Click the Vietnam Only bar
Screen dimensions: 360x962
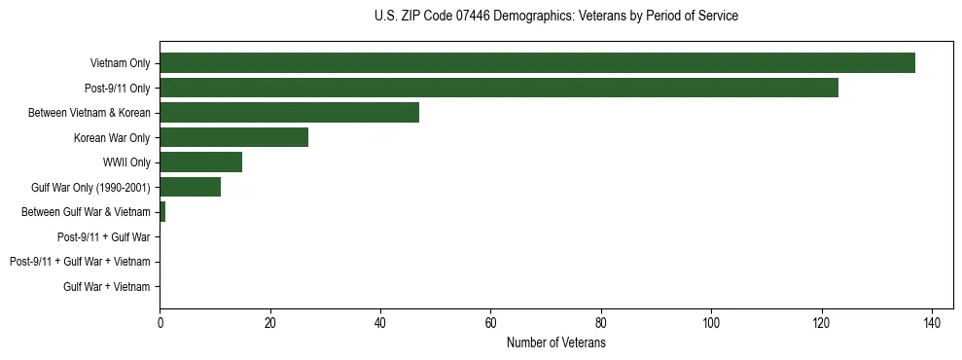[537, 63]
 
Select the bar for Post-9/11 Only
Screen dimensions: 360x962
[498, 88]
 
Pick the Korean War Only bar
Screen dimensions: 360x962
[233, 137]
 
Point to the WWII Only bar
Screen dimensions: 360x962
[200, 162]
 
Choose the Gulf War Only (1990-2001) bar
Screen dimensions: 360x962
[190, 187]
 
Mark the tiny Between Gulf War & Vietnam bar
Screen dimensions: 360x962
[162, 212]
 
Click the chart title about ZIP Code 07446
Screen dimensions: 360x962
[555, 16]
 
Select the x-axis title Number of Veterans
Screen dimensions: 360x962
[555, 343]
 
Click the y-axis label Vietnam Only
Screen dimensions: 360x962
[120, 63]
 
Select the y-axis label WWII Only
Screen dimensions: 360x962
[126, 162]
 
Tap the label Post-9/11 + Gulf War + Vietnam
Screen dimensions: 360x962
[80, 262]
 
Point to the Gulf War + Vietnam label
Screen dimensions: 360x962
[107, 287]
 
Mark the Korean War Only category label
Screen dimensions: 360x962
[112, 138]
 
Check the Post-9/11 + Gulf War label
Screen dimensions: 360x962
[104, 237]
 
